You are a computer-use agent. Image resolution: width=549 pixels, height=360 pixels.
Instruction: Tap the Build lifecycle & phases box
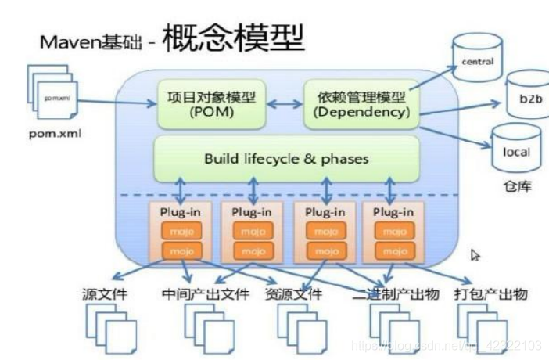coord(285,158)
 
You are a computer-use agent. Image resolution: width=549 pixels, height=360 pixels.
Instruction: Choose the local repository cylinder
coord(516,150)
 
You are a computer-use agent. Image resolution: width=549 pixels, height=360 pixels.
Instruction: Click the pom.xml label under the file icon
coord(52,133)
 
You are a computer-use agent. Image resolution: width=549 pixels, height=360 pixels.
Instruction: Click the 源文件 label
coord(106,295)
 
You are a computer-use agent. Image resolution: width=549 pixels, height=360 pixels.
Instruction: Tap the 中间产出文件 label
coord(206,295)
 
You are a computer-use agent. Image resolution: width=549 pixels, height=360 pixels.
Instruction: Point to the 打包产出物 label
coord(493,295)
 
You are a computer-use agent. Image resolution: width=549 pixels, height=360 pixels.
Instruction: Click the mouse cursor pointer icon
coord(475,255)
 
